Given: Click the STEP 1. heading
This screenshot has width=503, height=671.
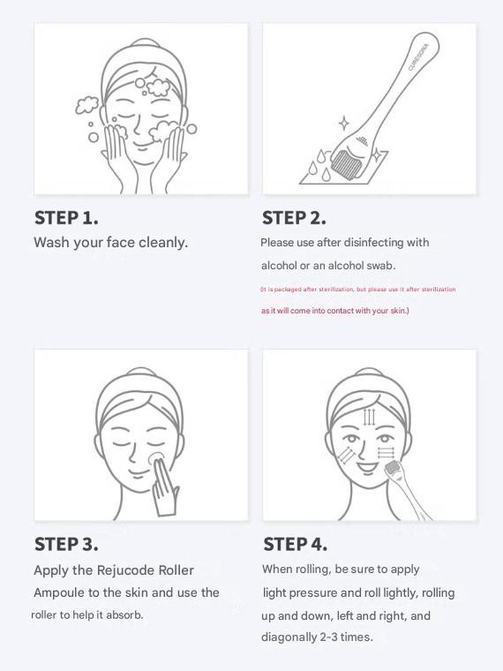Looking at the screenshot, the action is point(66,218).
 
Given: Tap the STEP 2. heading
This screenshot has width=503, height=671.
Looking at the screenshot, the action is point(294,218).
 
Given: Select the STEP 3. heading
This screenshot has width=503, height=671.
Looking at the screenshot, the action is point(66,545).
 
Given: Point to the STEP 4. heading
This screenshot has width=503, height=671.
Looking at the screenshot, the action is point(295,545).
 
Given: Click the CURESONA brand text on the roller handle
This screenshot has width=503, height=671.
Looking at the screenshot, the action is point(418,57).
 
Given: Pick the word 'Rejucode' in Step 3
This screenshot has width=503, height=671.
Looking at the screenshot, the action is point(125,570).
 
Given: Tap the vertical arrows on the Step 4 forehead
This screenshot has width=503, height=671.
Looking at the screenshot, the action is point(369,418).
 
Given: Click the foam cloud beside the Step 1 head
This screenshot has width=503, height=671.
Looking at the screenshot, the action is point(86,105).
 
